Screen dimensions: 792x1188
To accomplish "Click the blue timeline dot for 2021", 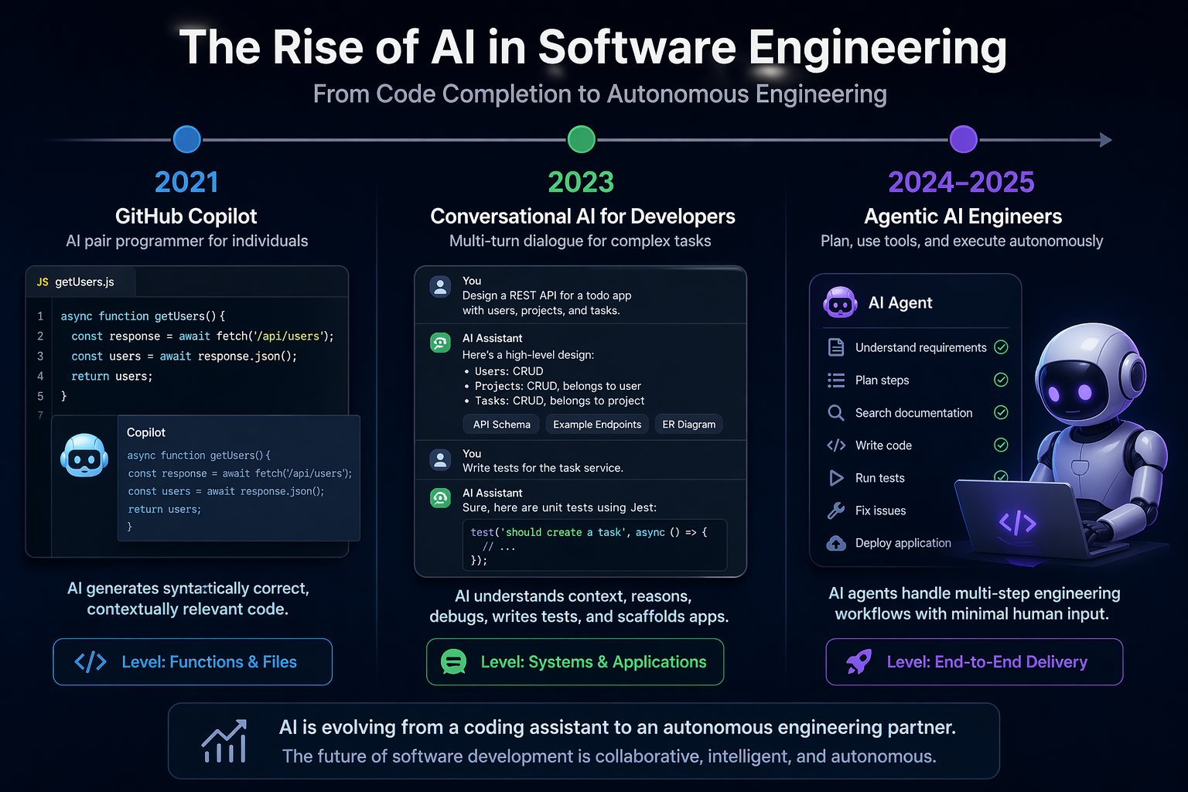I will (187, 140).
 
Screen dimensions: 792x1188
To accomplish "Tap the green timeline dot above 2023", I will (581, 140).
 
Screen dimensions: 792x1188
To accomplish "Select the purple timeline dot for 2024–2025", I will (963, 140).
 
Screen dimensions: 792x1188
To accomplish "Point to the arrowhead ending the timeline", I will (1106, 140).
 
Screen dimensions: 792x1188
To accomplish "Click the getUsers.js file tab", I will (77, 282).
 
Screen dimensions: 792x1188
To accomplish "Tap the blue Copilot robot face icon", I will (84, 456).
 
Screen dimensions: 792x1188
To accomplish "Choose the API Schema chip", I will (501, 425).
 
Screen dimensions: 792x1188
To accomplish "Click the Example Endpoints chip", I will (596, 425).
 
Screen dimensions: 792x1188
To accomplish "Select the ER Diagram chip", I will (688, 425).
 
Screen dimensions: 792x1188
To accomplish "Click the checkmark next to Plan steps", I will (1001, 380).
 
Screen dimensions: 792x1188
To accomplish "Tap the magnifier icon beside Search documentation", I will (836, 413).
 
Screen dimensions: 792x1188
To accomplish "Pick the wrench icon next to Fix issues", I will (836, 510).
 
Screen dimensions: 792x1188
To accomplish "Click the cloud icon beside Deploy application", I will (836, 543).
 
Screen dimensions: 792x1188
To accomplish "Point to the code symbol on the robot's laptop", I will (1017, 524).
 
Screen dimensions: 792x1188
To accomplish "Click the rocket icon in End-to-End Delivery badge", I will (859, 662).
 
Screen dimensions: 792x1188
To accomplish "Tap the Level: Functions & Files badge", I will (193, 662).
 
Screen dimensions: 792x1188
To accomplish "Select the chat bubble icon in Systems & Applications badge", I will (453, 662).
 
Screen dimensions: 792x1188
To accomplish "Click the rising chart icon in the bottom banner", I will (224, 742).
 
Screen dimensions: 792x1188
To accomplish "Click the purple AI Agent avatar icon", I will (840, 302).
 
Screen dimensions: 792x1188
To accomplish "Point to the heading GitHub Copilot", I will (186, 217).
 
